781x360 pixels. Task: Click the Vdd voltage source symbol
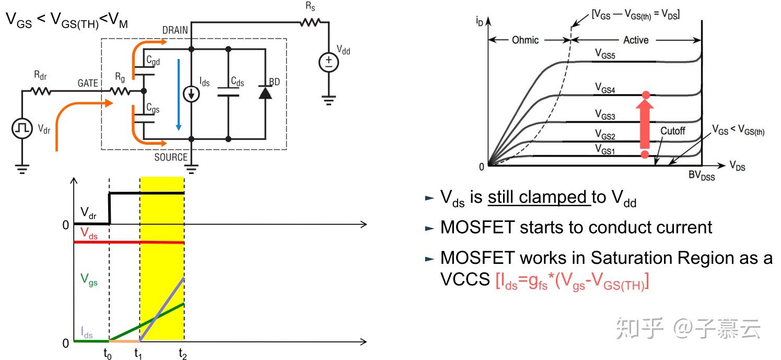329,63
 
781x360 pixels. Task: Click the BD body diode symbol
265,93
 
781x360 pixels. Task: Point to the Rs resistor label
311,7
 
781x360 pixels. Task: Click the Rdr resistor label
40,75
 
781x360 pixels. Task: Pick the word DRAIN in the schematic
175,30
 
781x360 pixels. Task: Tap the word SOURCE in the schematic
171,157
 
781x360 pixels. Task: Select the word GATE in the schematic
88,83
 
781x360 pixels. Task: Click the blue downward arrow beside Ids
179,94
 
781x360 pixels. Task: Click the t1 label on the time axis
138,354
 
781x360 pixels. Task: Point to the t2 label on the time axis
183,354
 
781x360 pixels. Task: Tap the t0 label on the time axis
108,354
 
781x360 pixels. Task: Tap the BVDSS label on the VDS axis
702,176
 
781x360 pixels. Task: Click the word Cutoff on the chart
672,131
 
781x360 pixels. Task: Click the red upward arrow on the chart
645,124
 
